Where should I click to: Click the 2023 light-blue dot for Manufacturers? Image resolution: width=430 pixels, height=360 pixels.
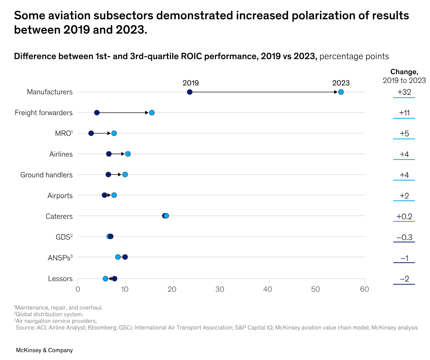[x=341, y=92]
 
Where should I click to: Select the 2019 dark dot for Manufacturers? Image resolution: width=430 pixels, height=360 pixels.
[x=190, y=92]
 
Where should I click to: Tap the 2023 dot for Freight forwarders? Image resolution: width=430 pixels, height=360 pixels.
[x=152, y=113]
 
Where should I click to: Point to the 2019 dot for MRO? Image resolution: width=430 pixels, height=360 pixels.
[x=91, y=133]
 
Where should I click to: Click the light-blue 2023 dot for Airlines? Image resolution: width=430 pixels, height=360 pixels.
[x=128, y=154]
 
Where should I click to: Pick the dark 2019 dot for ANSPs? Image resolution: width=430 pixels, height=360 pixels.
[x=125, y=257]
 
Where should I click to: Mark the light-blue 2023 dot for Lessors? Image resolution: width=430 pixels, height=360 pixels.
[x=106, y=279]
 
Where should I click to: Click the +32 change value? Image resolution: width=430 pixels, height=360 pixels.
[x=404, y=92]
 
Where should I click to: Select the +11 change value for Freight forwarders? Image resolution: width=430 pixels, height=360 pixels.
[x=404, y=113]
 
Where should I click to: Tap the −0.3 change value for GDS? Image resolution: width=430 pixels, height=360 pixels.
[x=404, y=237]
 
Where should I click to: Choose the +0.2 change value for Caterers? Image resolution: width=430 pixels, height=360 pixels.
[x=404, y=217]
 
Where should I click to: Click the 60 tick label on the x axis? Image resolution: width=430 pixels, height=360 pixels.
[x=365, y=289]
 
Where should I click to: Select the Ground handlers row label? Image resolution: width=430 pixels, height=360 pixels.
[x=46, y=175]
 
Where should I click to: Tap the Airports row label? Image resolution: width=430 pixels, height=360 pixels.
[x=60, y=196]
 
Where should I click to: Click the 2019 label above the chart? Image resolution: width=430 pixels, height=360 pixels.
[x=190, y=83]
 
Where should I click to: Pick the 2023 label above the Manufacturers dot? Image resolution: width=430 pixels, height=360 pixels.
[x=341, y=83]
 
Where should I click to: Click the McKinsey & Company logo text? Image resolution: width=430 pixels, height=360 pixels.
[x=44, y=350]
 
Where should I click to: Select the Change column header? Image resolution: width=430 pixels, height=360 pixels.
[x=404, y=72]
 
